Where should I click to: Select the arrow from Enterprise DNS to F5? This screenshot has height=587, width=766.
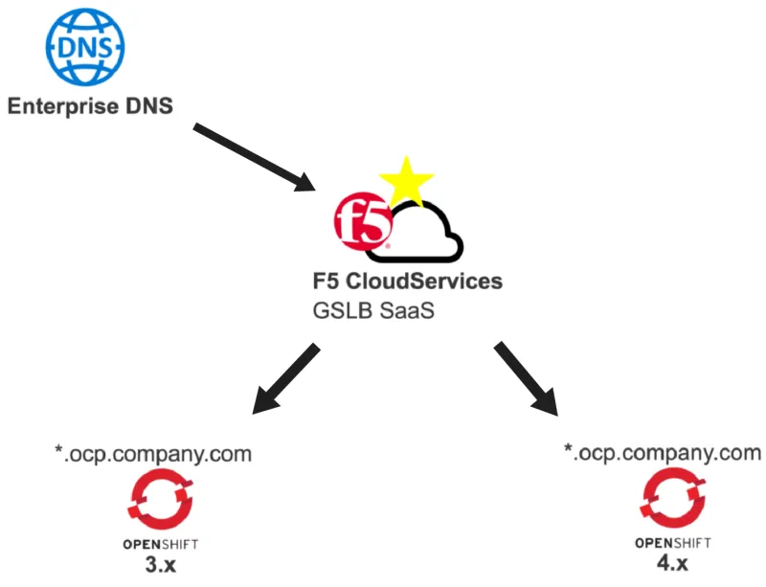point(256,157)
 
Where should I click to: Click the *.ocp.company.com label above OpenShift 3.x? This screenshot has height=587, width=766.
point(152,453)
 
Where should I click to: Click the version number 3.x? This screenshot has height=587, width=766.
point(153,563)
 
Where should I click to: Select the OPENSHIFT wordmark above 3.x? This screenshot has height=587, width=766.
point(153,544)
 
